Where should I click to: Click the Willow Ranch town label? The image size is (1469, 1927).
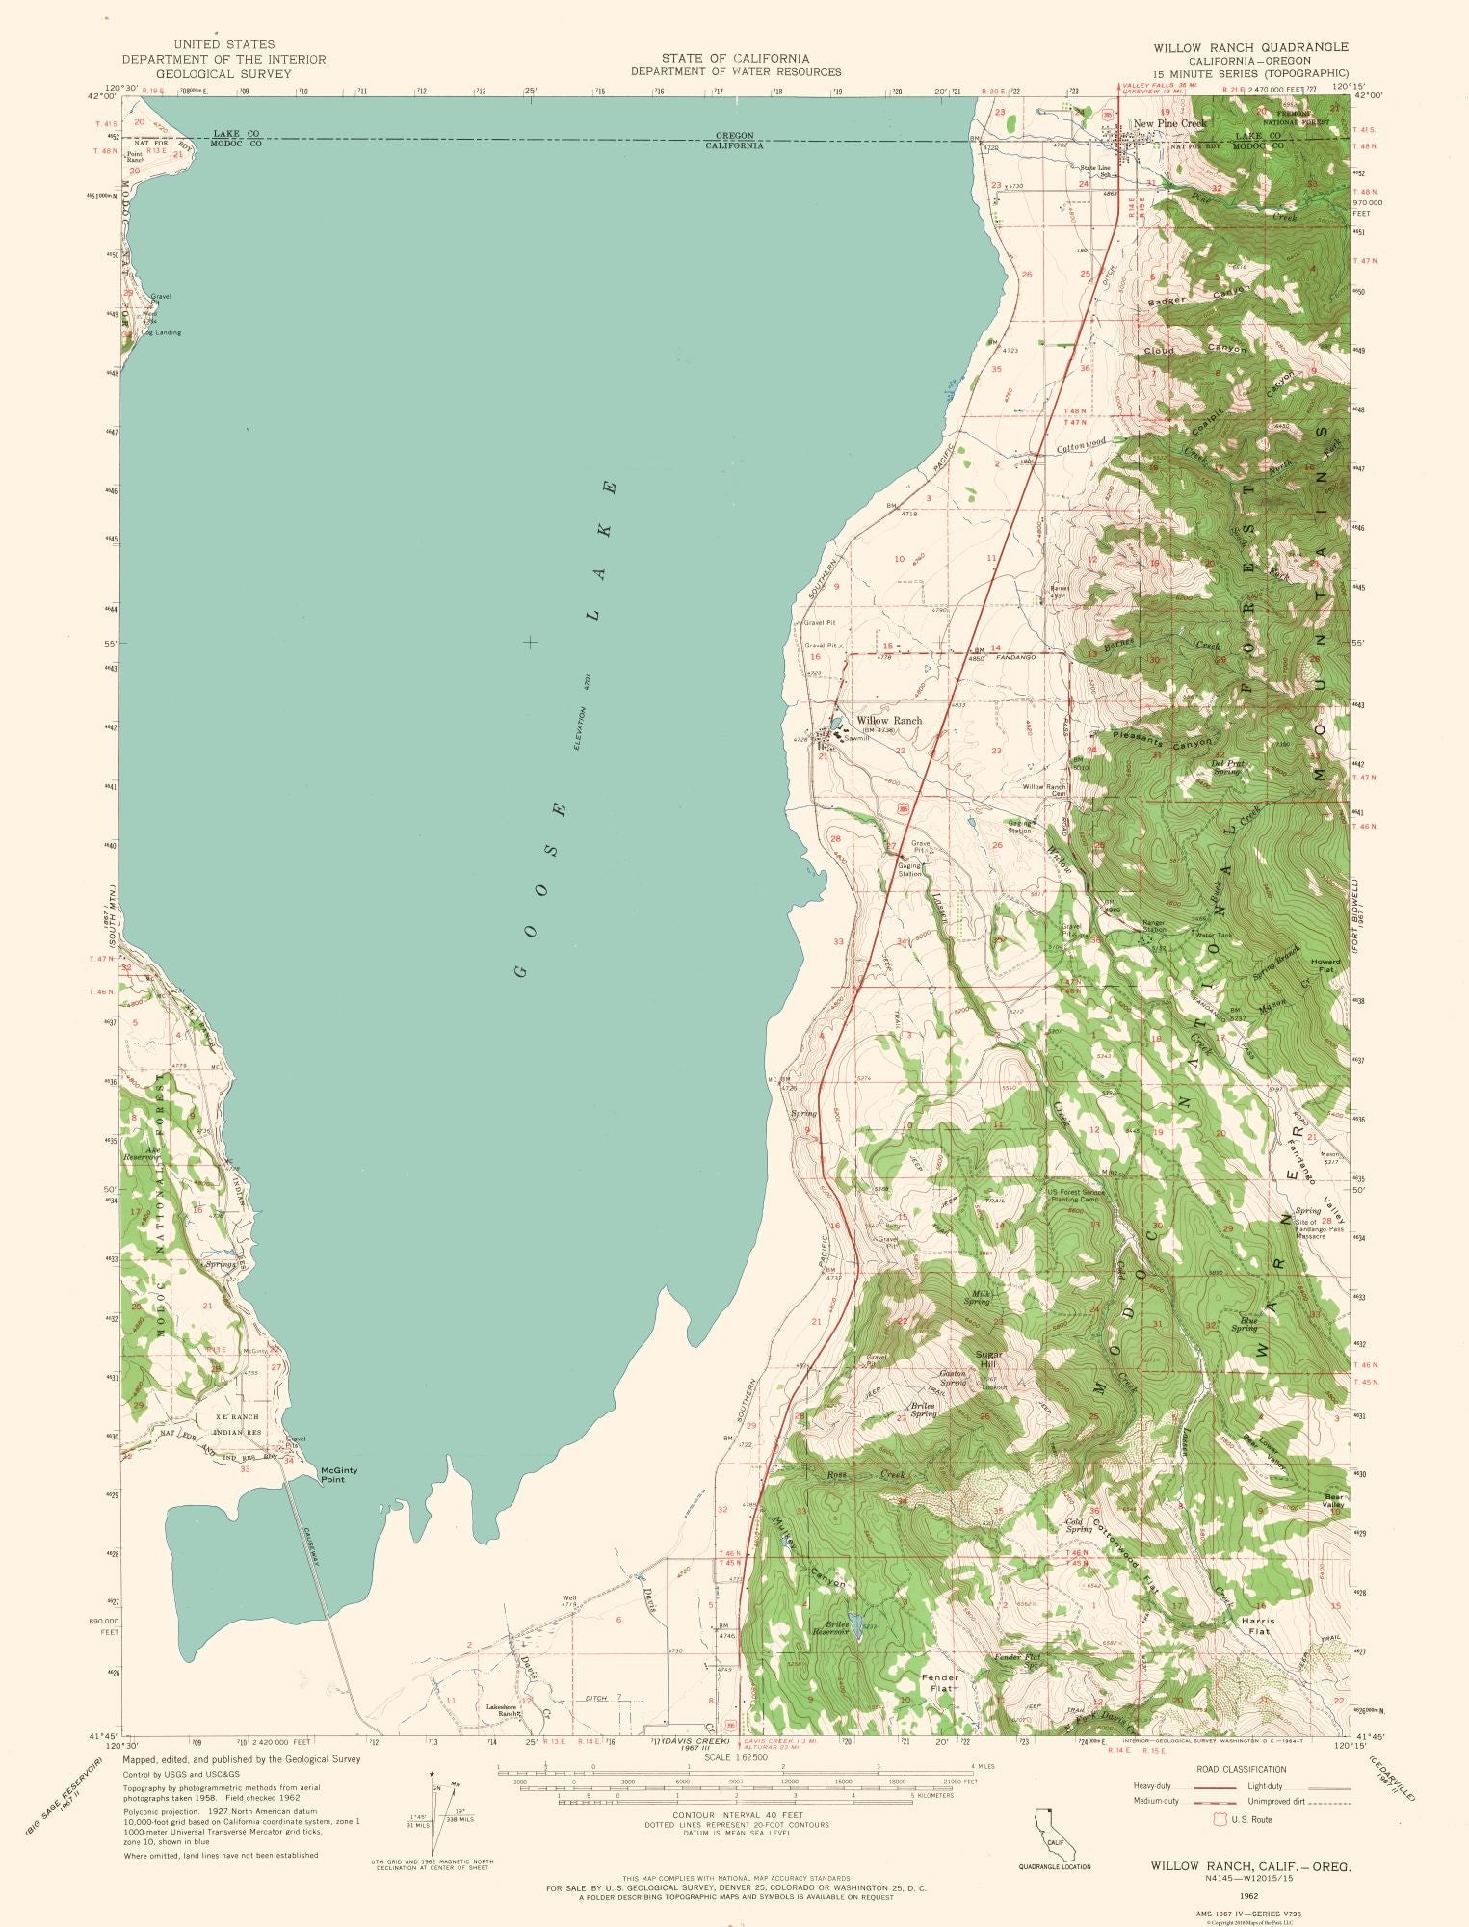coord(888,720)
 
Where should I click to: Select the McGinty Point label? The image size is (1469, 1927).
coord(340,1474)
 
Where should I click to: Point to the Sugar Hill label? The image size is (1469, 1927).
coord(989,1359)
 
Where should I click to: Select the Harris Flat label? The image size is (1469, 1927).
coord(1257,1625)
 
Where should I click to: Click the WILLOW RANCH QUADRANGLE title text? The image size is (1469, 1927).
coord(1252,46)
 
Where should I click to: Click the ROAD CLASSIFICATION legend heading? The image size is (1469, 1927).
coord(1241,1769)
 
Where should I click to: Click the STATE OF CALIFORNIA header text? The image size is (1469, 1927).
coord(735,58)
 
